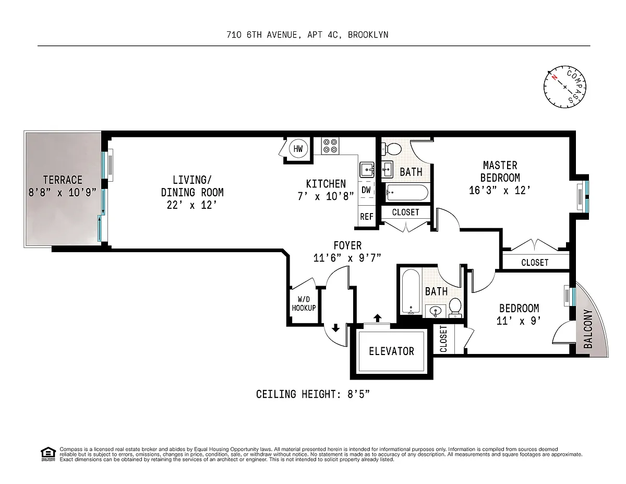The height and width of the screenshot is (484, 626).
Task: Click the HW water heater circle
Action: (298, 148)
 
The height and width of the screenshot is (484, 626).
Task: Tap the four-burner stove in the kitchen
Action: (330, 146)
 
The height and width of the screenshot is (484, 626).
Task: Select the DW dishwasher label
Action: (366, 190)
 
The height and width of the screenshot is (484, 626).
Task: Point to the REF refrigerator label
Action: (366, 217)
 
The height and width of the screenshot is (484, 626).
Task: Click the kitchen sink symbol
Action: (367, 170)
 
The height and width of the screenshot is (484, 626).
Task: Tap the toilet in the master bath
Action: (391, 149)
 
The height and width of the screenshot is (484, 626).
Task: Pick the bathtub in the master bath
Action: (407, 193)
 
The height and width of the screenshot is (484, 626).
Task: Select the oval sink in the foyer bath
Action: (435, 311)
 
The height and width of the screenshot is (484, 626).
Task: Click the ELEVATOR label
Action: (391, 351)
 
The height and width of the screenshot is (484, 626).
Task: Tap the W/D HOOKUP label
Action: (304, 304)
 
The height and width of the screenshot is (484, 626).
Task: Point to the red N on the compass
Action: (554, 77)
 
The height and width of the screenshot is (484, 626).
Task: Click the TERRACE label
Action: (63, 180)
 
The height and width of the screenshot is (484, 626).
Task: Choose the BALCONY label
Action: (588, 329)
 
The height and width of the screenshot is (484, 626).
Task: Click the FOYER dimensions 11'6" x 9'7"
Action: (347, 258)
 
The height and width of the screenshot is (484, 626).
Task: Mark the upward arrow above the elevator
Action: (377, 318)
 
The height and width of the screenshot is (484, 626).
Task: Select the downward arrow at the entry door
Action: (335, 328)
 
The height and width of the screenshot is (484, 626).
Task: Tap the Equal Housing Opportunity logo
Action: (48, 454)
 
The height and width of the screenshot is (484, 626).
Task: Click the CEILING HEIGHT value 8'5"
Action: (358, 394)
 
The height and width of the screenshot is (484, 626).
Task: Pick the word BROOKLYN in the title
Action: (368, 35)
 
